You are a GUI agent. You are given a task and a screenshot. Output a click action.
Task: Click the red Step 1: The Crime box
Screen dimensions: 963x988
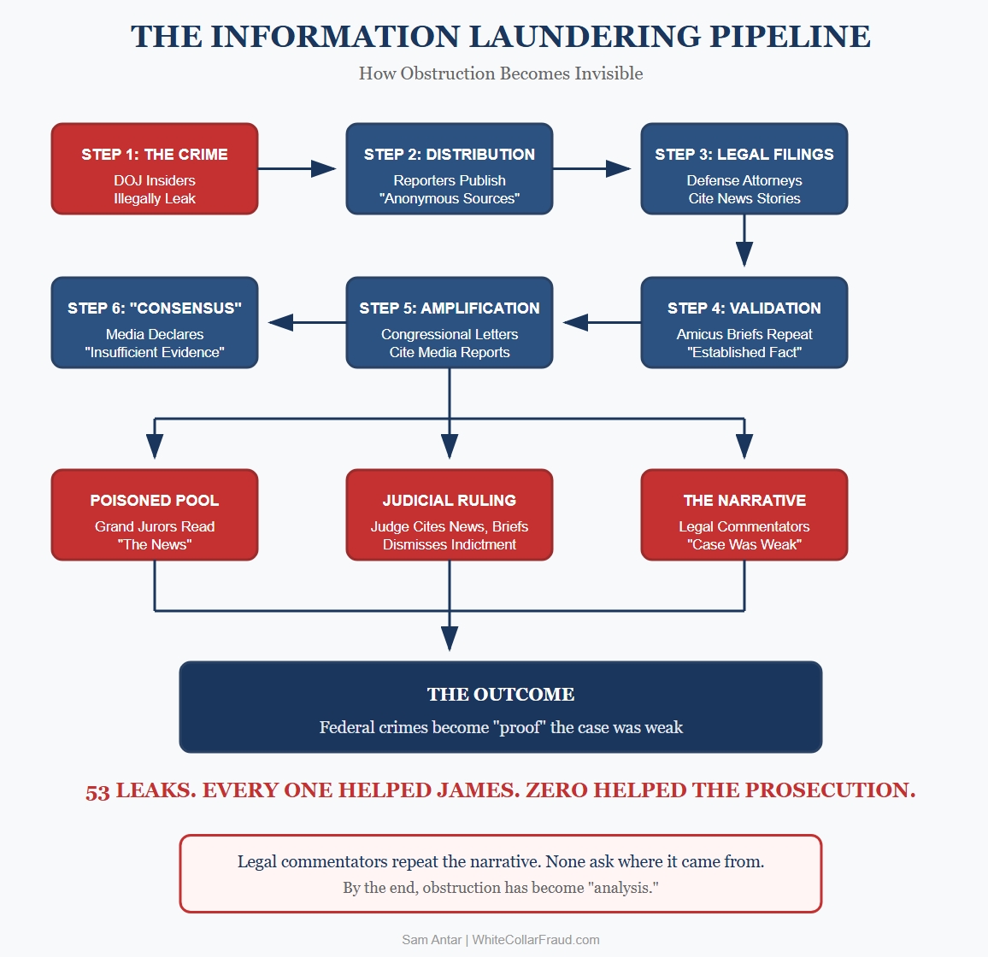coord(155,169)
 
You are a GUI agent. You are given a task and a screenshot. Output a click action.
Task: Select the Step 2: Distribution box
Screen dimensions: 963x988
coord(450,169)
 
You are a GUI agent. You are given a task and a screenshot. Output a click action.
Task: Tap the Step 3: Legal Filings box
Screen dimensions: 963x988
coord(744,169)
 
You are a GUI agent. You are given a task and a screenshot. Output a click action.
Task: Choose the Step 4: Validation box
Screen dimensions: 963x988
coord(744,323)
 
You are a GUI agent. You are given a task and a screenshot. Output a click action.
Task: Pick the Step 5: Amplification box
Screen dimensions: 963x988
coord(450,323)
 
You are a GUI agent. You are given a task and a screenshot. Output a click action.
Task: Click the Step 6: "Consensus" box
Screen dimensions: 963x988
coord(155,323)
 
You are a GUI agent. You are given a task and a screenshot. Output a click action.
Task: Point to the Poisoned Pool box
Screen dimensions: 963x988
coord(155,515)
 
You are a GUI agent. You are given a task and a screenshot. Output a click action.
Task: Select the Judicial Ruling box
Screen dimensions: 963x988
coord(450,515)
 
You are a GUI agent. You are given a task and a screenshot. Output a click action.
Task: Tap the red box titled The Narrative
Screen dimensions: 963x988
coord(744,515)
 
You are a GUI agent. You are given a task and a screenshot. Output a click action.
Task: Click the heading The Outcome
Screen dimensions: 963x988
coord(501,695)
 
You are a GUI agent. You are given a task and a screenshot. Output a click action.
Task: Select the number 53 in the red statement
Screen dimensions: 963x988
coord(97,792)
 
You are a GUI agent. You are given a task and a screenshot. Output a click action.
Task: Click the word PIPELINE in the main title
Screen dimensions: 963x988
coord(790,37)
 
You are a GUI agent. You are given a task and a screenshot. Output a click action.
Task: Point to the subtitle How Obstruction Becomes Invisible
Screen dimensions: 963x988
coord(501,73)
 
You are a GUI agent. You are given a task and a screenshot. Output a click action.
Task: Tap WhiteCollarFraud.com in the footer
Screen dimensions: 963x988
coord(536,940)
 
